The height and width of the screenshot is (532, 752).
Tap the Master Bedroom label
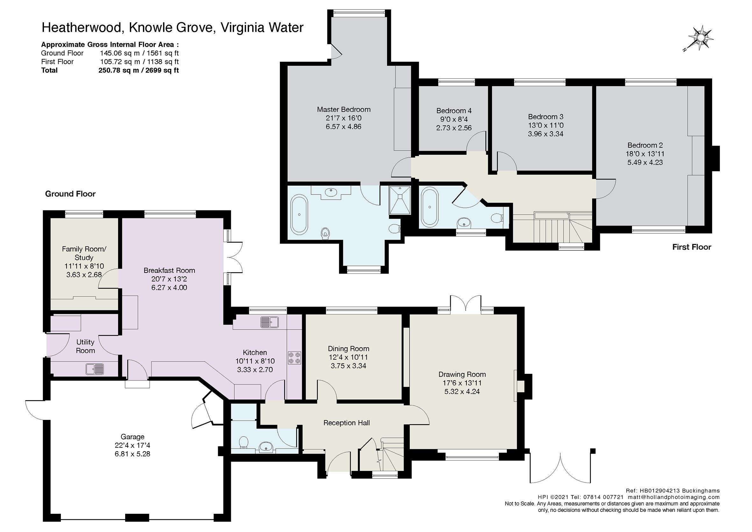(344, 110)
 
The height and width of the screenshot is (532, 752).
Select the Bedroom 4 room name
(454, 111)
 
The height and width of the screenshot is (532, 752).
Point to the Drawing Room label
(462, 374)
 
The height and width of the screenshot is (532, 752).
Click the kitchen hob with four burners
(294, 358)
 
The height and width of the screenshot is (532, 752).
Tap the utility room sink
(95, 369)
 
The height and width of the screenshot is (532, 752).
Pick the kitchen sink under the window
(269, 322)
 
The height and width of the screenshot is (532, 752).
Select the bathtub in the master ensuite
(299, 215)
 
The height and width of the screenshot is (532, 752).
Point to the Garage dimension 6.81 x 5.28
(132, 454)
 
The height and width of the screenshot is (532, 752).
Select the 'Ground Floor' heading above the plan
(70, 194)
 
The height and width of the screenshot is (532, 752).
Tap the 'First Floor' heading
(692, 247)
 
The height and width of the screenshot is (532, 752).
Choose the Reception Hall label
(346, 423)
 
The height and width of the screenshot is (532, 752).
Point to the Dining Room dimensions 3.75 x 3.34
(349, 365)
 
